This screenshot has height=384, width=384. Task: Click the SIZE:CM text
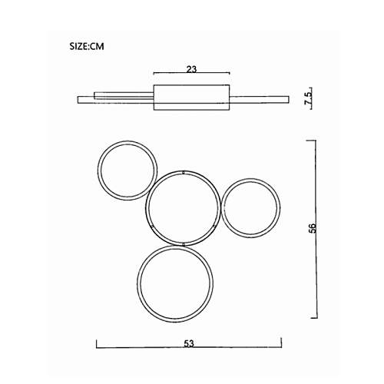click(87, 46)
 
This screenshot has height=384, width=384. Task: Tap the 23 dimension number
click(191, 69)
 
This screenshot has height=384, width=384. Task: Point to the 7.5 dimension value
click(308, 98)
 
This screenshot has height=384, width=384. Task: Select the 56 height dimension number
click(313, 228)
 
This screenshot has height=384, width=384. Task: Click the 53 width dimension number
click(189, 343)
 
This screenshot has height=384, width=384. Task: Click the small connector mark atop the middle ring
click(184, 173)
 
